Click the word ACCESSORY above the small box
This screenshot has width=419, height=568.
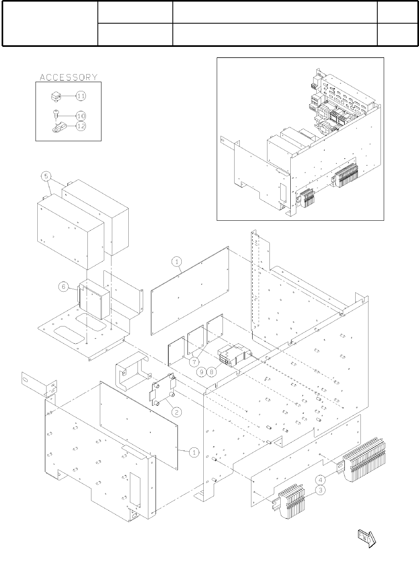(68, 77)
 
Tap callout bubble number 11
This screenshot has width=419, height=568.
(81, 96)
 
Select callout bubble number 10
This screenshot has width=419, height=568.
(81, 116)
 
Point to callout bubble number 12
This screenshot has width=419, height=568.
(81, 125)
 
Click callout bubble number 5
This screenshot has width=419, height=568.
(46, 176)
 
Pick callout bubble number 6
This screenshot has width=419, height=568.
(64, 287)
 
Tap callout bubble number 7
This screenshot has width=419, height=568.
(194, 362)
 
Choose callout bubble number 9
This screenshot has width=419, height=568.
(213, 372)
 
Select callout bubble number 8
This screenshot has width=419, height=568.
(203, 372)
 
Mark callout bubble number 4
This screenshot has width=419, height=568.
(320, 479)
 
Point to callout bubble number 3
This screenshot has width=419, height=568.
(320, 489)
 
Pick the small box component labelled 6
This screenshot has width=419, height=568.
(95, 301)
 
